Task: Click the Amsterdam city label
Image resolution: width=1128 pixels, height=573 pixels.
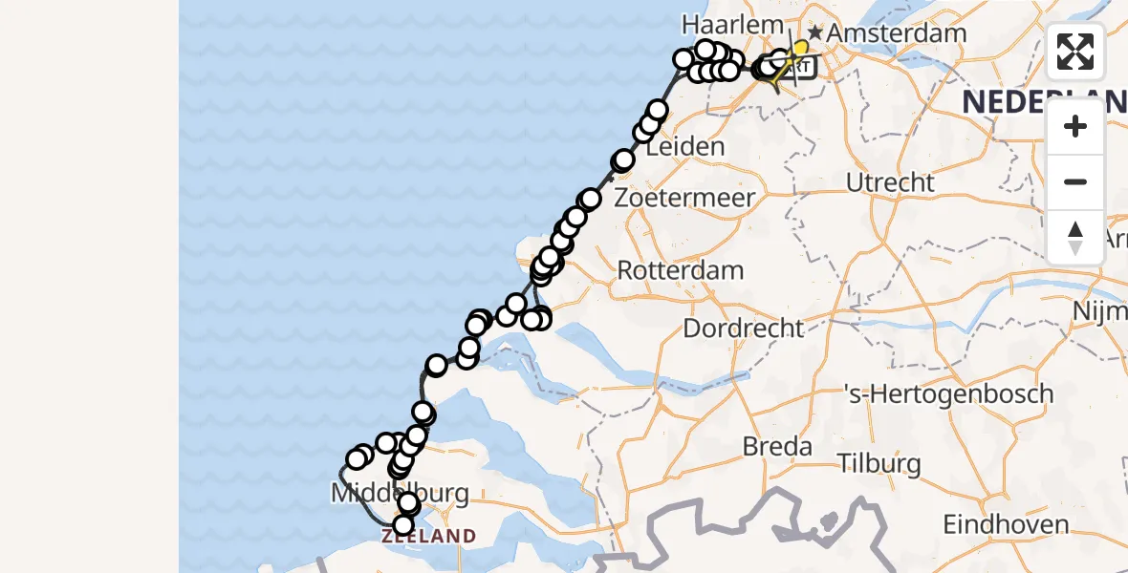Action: coord(896,33)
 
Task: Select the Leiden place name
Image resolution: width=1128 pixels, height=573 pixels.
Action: coord(684,147)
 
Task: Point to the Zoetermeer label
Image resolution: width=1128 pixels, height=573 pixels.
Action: coord(684,199)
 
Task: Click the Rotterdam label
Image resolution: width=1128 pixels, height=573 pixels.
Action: coord(680,270)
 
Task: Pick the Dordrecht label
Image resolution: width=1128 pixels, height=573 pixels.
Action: coord(743,329)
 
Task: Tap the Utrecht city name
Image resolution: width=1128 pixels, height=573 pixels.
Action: coord(890,181)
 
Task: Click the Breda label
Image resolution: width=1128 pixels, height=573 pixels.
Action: coord(777,446)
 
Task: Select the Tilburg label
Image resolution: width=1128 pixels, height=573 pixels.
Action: coord(879,465)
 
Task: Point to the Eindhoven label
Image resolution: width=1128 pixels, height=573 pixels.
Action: coord(1006,524)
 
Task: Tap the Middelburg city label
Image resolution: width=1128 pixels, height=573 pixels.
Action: coord(400,494)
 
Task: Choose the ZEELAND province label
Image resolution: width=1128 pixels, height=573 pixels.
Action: coord(428,537)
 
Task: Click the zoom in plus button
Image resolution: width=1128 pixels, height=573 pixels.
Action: coord(1075,126)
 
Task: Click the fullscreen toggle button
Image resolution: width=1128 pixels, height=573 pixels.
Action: coord(1075,52)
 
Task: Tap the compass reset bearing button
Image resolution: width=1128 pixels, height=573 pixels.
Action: coord(1075,237)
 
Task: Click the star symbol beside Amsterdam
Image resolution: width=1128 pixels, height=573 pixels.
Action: coord(814,33)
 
